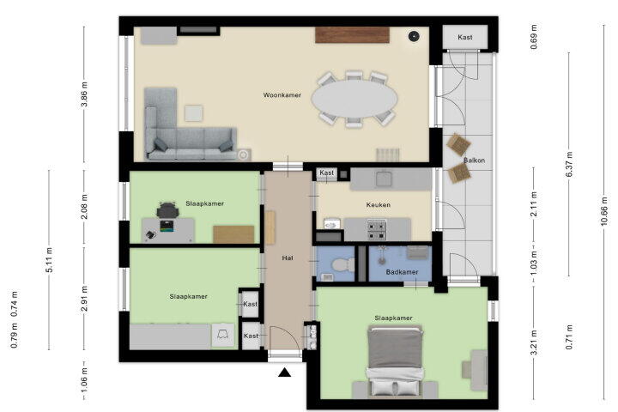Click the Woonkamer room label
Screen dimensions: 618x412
(282, 95)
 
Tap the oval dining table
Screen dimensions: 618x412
(354, 99)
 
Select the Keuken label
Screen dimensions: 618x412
(379, 204)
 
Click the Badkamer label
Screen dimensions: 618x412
(402, 272)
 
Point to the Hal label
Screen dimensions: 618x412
(288, 257)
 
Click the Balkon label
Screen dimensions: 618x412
(474, 160)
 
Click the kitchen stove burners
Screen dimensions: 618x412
(377, 230)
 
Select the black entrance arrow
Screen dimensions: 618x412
(285, 373)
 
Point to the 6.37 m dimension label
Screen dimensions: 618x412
(569, 164)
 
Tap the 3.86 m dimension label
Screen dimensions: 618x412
(84, 94)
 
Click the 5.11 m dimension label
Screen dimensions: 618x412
(49, 260)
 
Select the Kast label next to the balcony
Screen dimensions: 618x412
(465, 37)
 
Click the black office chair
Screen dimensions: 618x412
(168, 210)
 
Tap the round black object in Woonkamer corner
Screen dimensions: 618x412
(414, 36)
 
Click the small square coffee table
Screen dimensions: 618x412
(194, 113)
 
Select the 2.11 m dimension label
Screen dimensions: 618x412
(534, 204)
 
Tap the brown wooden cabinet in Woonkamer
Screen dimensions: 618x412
(353, 34)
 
